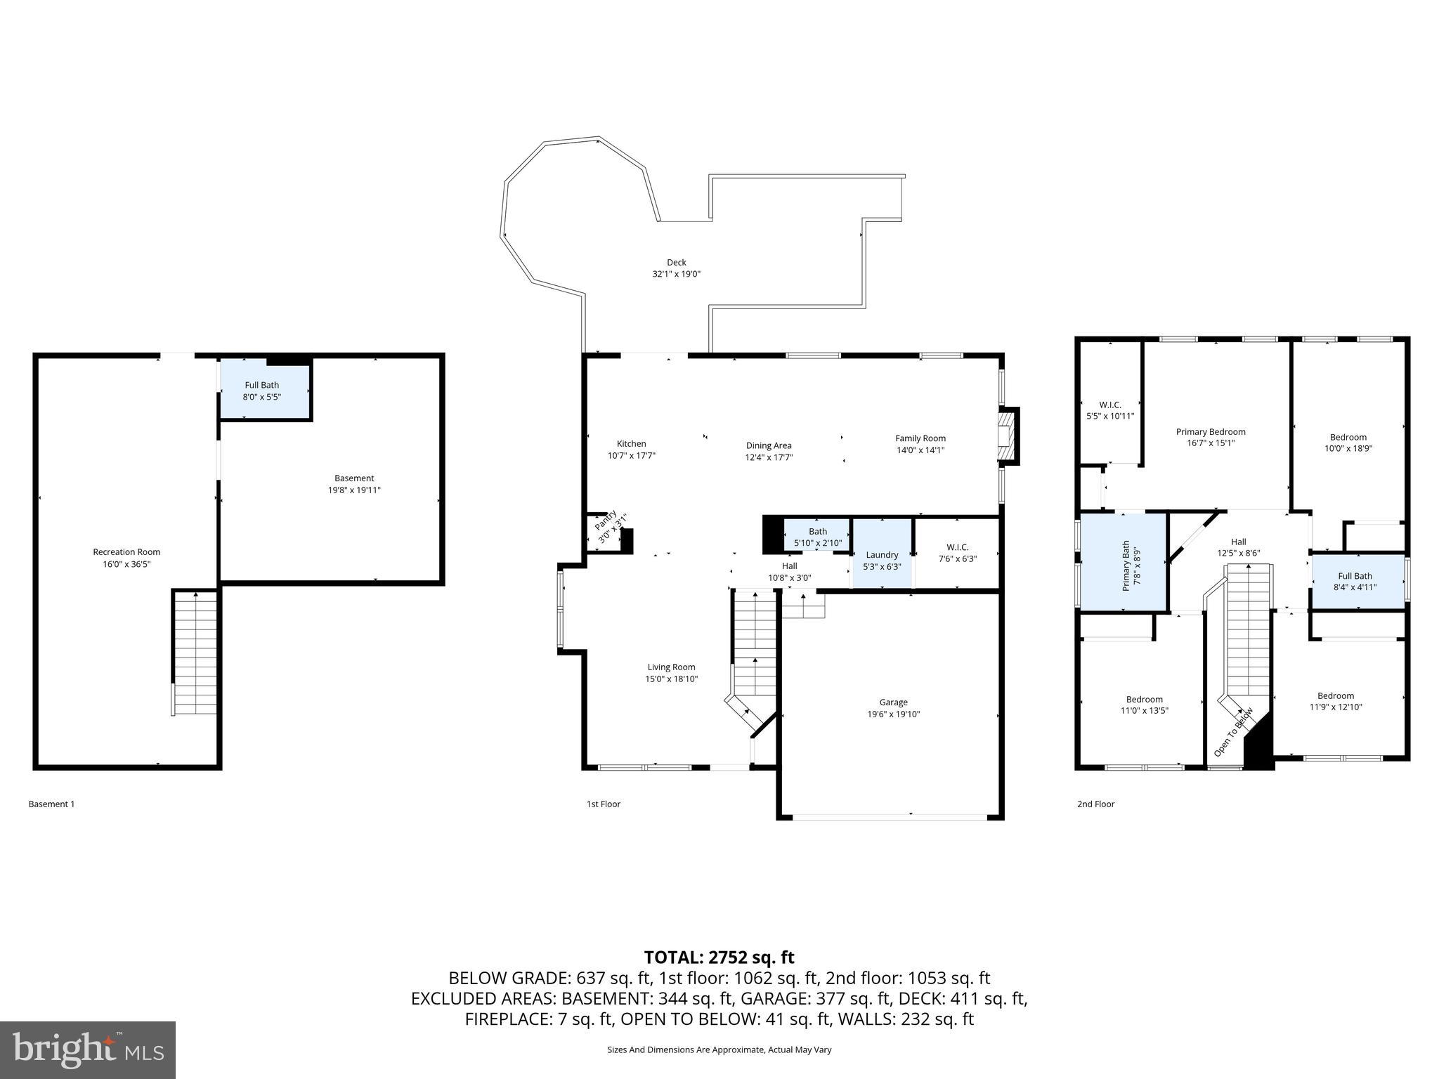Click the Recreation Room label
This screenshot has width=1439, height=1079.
[126, 552]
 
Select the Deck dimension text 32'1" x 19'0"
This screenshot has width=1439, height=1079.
[676, 275]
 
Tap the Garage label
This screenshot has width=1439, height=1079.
[893, 702]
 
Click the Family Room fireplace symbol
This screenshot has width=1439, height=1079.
[1008, 438]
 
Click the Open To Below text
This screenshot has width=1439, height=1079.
[1233, 732]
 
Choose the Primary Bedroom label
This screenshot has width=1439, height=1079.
[1211, 432]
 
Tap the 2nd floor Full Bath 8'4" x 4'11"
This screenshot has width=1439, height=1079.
[1355, 582]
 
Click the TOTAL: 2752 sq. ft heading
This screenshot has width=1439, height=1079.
[719, 957]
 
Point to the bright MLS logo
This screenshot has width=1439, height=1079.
[88, 1050]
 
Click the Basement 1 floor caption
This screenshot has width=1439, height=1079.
[51, 804]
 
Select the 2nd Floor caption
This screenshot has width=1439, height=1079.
[1095, 804]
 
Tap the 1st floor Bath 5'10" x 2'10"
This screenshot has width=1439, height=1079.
[817, 537]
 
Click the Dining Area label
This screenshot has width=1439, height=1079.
[769, 445]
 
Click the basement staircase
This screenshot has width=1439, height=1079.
[195, 653]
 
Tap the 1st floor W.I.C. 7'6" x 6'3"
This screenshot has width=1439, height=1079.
[957, 553]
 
